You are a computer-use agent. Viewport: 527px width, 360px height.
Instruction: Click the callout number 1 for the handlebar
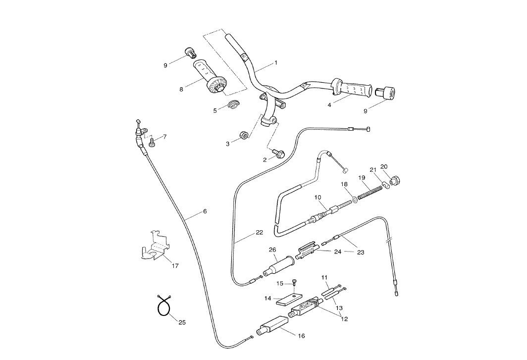click(x=276, y=63)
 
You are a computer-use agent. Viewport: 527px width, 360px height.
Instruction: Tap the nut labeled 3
click(x=244, y=135)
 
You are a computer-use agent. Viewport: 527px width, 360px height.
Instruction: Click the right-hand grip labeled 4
click(x=353, y=90)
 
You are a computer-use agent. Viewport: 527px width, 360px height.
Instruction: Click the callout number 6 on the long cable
click(x=205, y=211)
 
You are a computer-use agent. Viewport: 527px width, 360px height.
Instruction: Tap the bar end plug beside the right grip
click(x=384, y=93)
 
